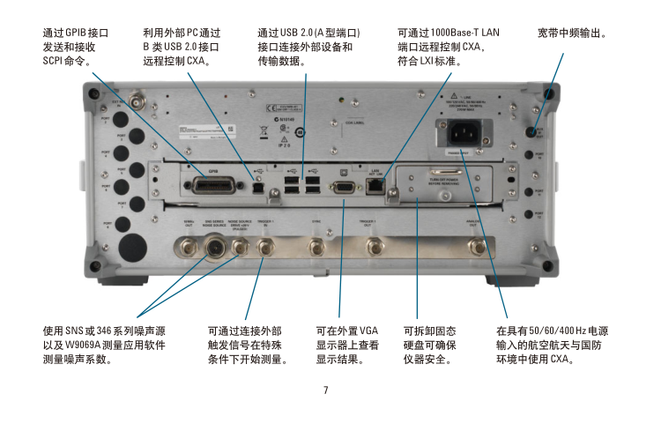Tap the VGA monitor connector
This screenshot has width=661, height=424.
click(342, 186)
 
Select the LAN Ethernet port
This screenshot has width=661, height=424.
click(374, 184)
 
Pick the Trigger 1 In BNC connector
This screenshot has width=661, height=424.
click(263, 248)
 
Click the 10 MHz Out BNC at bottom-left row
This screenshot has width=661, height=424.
click(188, 246)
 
